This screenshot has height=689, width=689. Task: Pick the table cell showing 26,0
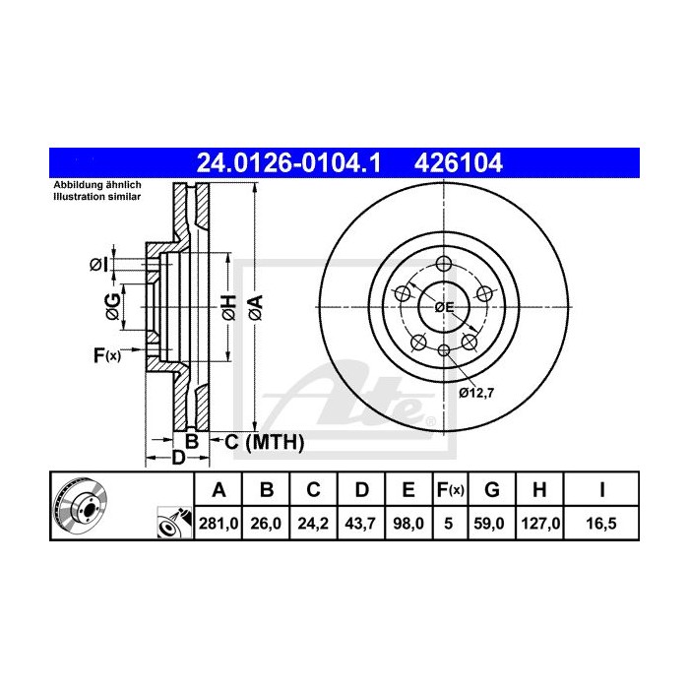(x=267, y=525)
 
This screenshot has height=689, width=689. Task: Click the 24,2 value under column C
(x=313, y=525)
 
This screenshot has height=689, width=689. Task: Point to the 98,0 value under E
(x=406, y=525)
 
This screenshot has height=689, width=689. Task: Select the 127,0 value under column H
(x=540, y=525)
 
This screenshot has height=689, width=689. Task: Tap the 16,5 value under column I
(x=600, y=525)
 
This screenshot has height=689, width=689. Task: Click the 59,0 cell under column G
(x=493, y=525)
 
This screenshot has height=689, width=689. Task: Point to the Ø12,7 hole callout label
(x=474, y=392)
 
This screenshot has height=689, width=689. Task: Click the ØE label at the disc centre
(x=445, y=307)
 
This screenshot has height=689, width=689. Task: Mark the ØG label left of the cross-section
(x=113, y=306)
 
